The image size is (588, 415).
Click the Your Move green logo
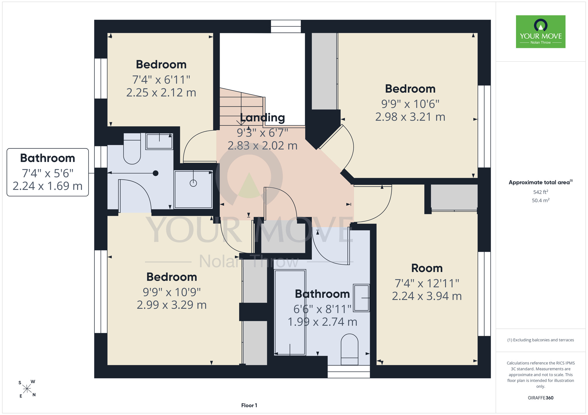(x=540, y=32)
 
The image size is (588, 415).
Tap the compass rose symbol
(x=27, y=389)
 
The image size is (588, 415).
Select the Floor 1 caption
(x=249, y=405)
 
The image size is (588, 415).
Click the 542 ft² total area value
(x=540, y=192)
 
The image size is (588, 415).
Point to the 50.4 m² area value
(x=540, y=200)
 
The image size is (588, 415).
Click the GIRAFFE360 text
(x=540, y=398)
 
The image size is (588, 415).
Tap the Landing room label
(x=263, y=118)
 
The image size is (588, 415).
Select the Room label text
(x=427, y=268)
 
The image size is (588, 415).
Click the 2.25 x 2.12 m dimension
(x=161, y=93)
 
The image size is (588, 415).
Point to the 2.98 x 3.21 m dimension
(x=410, y=117)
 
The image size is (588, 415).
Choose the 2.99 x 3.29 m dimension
(x=172, y=305)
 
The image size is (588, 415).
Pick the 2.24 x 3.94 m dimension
(x=427, y=296)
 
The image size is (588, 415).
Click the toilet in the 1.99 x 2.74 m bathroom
(x=349, y=349)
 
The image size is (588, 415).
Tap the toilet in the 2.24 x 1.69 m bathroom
(x=132, y=149)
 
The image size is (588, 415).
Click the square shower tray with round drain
(x=193, y=189)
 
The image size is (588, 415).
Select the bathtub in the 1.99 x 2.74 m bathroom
(x=290, y=312)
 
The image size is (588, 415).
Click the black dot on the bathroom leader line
(x=156, y=173)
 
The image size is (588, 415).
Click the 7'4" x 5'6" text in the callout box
(x=48, y=173)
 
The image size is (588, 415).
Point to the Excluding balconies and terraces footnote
(x=540, y=340)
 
